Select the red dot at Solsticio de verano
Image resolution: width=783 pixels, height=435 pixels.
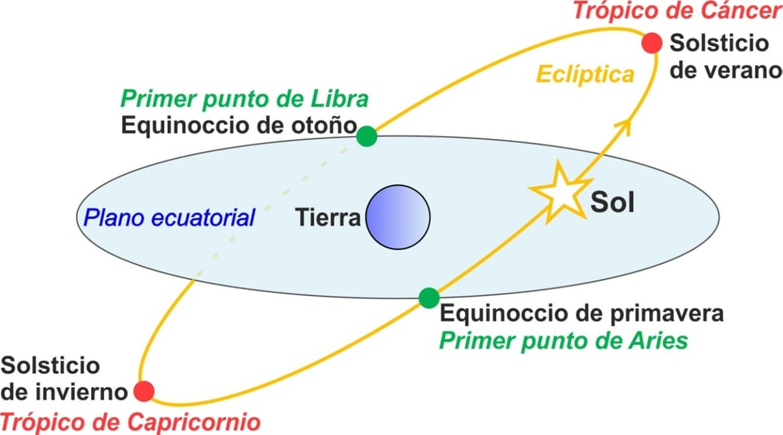tap(651, 43)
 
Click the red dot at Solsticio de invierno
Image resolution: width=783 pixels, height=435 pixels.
tap(144, 391)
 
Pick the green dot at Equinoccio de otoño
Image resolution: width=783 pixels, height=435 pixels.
tap(367, 136)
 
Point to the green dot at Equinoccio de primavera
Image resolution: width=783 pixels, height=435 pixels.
tap(429, 297)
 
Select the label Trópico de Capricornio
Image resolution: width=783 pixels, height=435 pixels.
tap(130, 421)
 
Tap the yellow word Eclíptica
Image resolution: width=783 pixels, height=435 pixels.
tap(586, 75)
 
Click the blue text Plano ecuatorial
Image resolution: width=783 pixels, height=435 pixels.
tap(169, 217)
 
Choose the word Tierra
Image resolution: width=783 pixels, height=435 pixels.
tap(328, 218)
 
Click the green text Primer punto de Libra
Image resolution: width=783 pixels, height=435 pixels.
tap(245, 99)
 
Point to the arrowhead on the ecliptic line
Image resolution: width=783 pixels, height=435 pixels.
tap(625, 124)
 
